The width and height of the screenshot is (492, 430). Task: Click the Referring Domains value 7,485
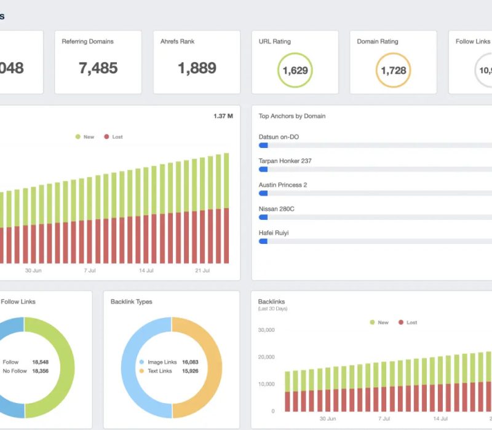[98, 68]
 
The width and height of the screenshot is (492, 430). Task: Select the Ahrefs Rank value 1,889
[197, 68]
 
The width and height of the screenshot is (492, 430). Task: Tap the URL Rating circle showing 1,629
[295, 70]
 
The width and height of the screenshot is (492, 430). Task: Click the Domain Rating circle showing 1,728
[394, 70]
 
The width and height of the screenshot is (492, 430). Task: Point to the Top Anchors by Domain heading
[292, 116]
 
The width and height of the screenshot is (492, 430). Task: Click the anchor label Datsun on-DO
[279, 137]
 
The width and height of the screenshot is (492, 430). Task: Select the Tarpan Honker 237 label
[285, 161]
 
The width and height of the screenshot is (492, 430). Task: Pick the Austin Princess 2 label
[283, 185]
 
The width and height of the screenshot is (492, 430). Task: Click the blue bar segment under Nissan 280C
[263, 217]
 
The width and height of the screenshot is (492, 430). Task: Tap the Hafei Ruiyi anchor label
[274, 233]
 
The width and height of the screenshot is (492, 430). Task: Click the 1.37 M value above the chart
[223, 116]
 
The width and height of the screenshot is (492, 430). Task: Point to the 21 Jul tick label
[202, 271]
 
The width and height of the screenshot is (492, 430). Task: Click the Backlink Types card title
[132, 302]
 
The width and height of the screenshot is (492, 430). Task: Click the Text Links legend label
[160, 372]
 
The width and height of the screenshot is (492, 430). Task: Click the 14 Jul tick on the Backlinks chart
[440, 418]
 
